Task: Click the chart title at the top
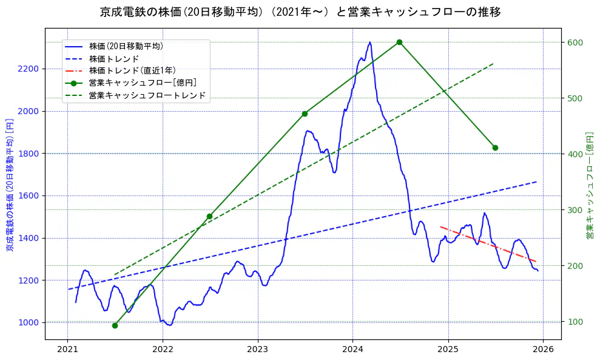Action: tap(300, 12)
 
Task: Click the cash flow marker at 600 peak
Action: tap(399, 42)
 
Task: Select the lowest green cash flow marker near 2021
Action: tap(115, 325)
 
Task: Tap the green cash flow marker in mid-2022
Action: tap(209, 216)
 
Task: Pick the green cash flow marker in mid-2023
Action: tap(305, 114)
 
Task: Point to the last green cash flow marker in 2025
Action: tap(495, 148)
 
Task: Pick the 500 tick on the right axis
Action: tap(575, 98)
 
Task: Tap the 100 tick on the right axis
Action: tap(575, 322)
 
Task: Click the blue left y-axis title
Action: tap(9, 184)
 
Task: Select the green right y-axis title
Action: tap(589, 184)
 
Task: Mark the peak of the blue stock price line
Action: tap(369, 42)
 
